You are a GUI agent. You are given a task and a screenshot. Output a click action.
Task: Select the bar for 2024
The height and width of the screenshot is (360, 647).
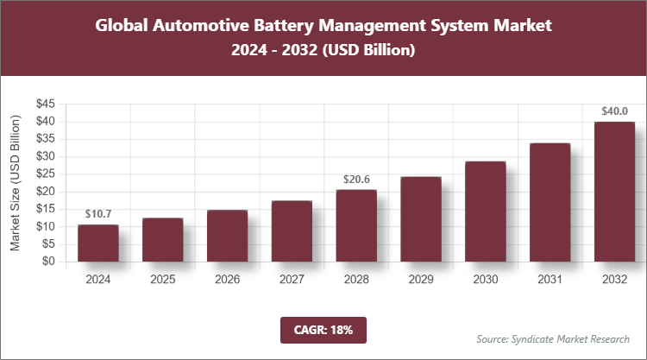(x=97, y=243)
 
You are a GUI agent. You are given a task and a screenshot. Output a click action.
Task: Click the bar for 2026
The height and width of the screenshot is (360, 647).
(x=227, y=236)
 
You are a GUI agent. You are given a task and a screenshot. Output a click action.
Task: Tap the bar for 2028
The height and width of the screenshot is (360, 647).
(x=356, y=225)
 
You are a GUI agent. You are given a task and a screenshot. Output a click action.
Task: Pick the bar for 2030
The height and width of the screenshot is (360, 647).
(x=486, y=212)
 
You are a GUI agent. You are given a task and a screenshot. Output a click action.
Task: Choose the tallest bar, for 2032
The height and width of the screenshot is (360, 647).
(x=614, y=192)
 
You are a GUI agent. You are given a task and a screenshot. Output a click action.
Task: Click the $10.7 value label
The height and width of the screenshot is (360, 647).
(x=97, y=213)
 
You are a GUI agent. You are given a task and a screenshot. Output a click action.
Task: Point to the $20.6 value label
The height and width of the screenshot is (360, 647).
(x=356, y=179)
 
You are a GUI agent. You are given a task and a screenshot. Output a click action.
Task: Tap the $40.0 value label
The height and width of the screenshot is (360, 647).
(x=614, y=111)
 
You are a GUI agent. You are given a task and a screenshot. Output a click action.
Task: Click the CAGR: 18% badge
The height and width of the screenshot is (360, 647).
(x=323, y=329)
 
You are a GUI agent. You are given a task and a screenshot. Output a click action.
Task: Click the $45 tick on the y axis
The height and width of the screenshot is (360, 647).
(x=46, y=104)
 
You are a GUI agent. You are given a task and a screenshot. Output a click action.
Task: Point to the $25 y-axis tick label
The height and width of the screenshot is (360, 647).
(x=46, y=174)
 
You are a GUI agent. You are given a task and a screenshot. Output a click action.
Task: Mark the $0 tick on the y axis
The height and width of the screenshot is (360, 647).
(x=49, y=262)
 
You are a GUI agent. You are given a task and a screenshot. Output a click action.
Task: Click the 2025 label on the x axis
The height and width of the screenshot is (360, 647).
(x=162, y=280)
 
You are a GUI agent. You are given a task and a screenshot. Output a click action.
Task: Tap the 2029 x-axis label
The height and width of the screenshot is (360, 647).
(x=421, y=280)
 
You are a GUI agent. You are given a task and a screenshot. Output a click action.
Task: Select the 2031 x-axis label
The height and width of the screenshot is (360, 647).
(x=550, y=280)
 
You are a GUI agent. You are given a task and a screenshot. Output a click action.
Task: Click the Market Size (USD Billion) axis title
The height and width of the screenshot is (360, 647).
(x=15, y=183)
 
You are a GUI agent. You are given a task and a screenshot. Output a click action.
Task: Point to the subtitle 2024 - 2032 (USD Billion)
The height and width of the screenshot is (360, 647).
(x=323, y=51)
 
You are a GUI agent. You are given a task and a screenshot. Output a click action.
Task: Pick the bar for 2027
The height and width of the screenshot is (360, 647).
(x=292, y=231)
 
